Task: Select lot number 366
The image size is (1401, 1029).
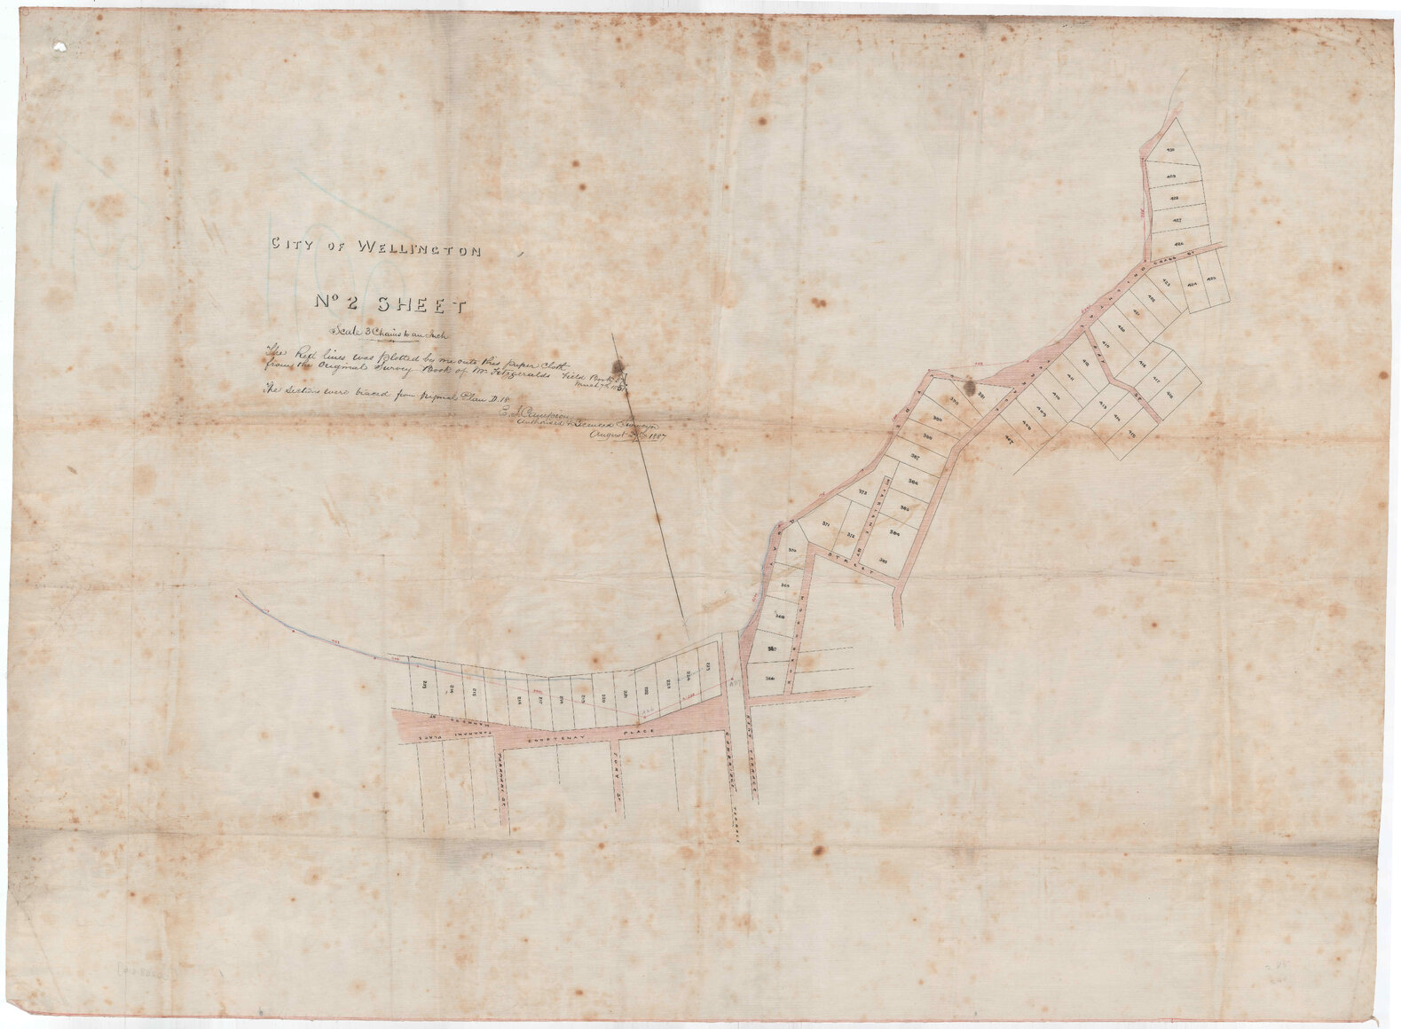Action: (x=768, y=678)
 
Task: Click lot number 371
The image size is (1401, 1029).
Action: (x=826, y=526)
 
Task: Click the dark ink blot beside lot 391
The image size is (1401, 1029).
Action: (x=972, y=387)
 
